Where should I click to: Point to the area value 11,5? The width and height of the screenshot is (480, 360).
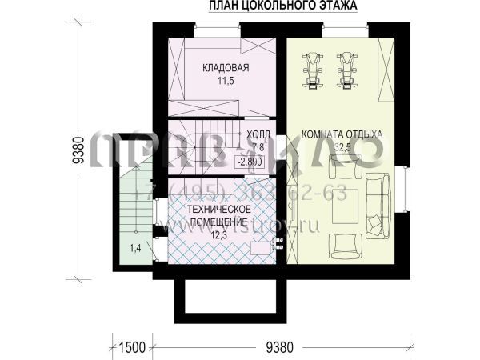tap(226, 81)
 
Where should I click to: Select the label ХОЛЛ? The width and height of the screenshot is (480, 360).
tap(258, 134)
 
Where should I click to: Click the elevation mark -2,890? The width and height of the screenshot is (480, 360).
tap(251, 161)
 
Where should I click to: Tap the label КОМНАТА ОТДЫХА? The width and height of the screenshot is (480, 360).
tap(342, 134)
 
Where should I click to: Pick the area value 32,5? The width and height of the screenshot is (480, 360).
tap(342, 147)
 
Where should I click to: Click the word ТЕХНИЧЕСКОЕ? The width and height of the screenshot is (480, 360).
tap(219, 209)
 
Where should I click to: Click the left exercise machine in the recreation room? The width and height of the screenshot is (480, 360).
tap(312, 70)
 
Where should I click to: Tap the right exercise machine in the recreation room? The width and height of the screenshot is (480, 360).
tap(346, 70)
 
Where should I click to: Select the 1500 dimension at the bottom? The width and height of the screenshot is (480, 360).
tap(131, 347)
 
